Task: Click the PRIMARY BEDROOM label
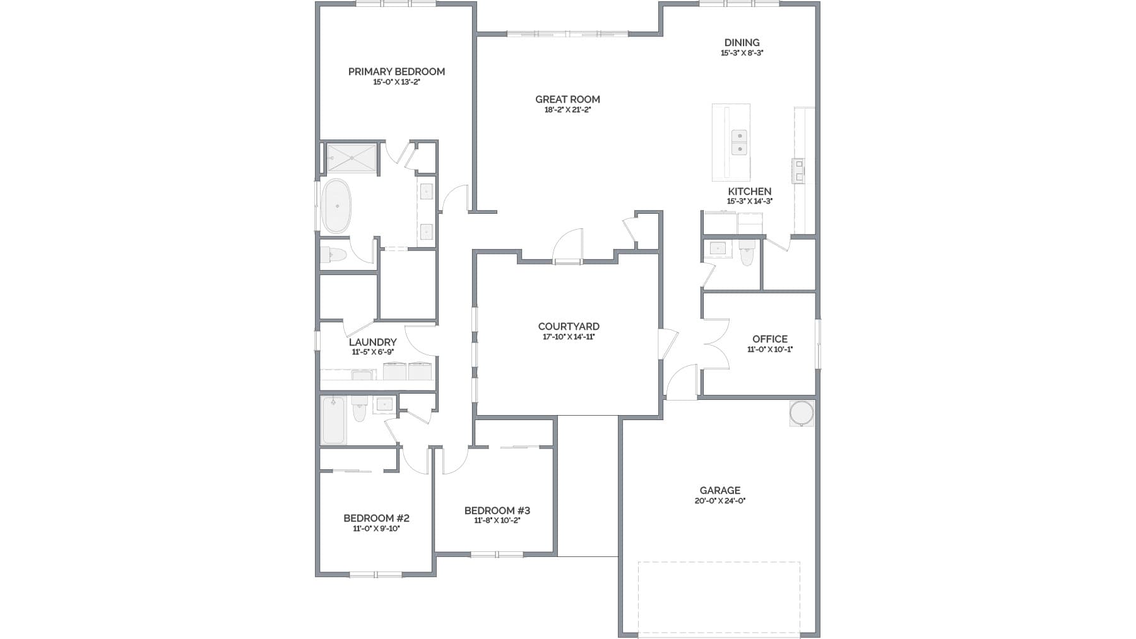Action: click(396, 71)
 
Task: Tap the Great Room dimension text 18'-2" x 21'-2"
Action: click(567, 110)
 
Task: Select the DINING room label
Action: click(742, 43)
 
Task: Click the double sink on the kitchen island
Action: click(738, 143)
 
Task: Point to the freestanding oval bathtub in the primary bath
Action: click(336, 206)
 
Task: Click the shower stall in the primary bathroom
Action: click(351, 158)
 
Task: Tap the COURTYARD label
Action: click(568, 326)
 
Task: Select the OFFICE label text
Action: click(769, 339)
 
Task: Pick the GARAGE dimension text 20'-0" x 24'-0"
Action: click(719, 501)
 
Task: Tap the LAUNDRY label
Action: click(372, 343)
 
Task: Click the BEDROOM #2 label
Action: click(376, 518)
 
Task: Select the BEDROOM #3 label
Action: click(497, 510)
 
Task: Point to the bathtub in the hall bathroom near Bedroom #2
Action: click(333, 420)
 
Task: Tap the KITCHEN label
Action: click(749, 191)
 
